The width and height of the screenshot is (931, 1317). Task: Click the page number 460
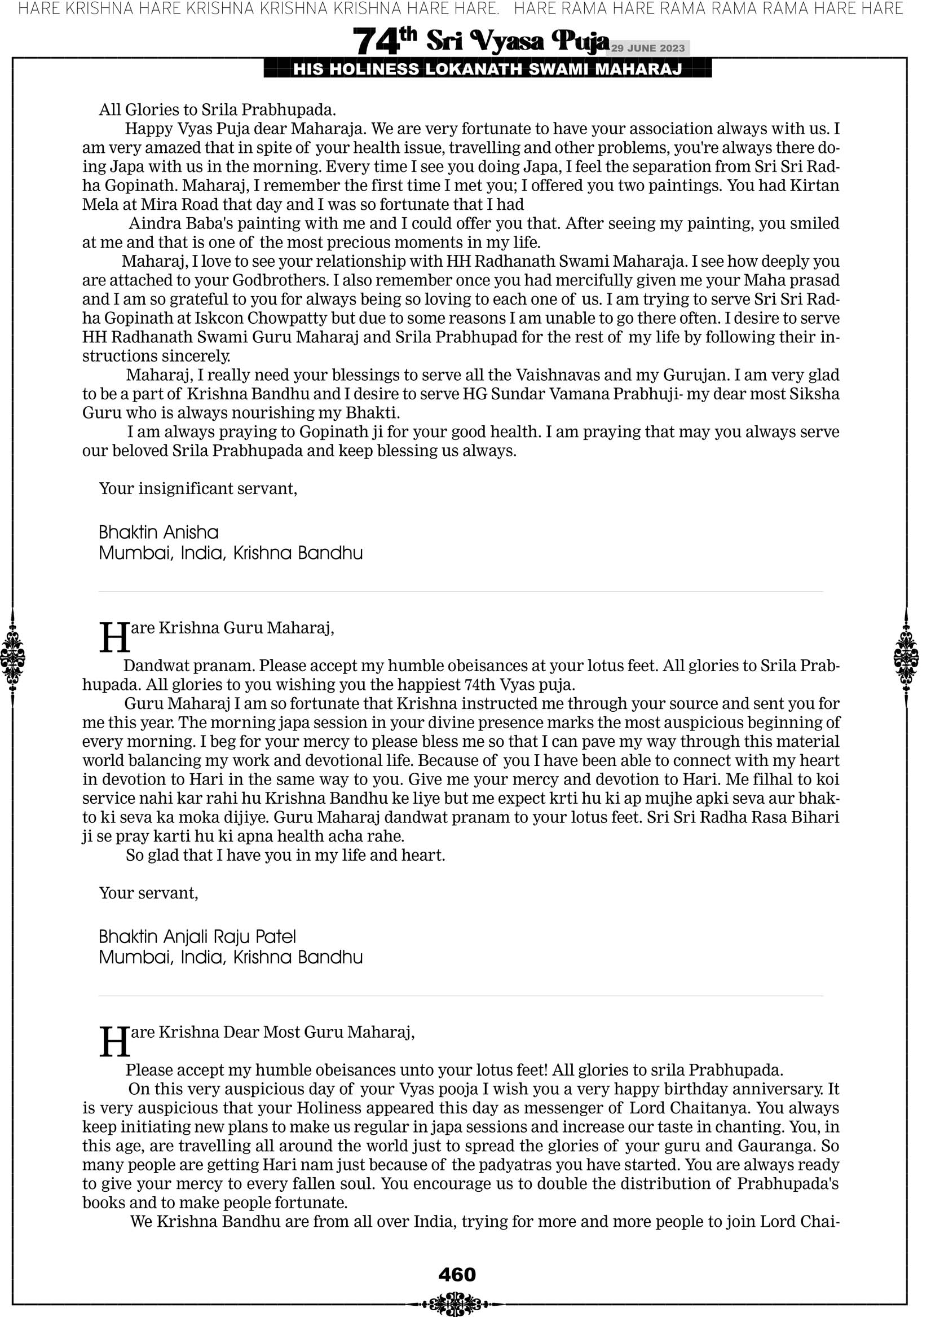(x=457, y=1275)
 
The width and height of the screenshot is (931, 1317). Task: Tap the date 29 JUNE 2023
(x=647, y=48)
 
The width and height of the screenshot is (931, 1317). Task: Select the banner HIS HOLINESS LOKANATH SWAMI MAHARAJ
(x=488, y=69)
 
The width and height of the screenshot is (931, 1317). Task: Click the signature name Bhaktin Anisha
(x=158, y=532)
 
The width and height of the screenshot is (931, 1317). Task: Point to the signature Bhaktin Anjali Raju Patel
(x=197, y=937)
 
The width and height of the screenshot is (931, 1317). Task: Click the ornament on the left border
(x=12, y=658)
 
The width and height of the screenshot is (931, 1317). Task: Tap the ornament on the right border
(x=906, y=658)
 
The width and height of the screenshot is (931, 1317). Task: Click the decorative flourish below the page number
(x=457, y=1303)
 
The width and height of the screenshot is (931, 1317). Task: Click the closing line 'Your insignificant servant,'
(x=198, y=488)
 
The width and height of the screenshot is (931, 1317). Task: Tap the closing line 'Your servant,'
(x=148, y=893)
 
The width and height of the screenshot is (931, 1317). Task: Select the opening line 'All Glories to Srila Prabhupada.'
(x=218, y=109)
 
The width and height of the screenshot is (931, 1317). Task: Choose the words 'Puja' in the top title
(x=580, y=41)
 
